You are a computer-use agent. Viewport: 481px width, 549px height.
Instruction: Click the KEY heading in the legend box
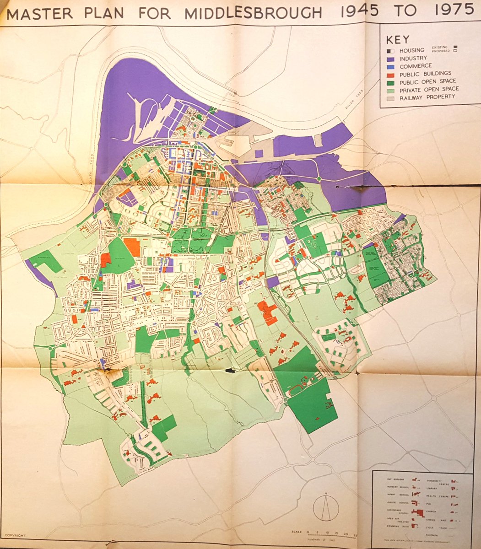[x=398, y=39]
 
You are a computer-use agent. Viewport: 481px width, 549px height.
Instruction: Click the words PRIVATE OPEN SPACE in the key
[x=429, y=89]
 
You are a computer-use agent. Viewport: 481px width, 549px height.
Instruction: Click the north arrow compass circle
[x=325, y=508]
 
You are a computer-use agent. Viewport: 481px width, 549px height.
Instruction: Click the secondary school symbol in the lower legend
[x=416, y=513]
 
